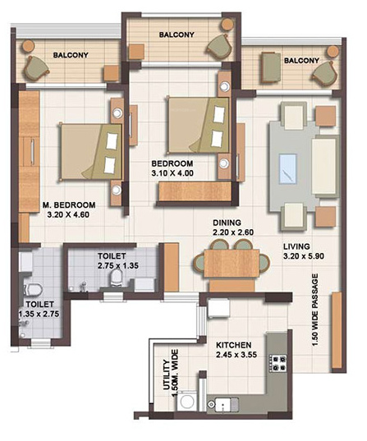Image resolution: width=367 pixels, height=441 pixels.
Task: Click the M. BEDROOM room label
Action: tap(69, 204)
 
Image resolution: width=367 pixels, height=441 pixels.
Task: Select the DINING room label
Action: tap(226, 223)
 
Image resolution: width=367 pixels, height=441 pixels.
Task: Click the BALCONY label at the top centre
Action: tap(177, 34)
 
